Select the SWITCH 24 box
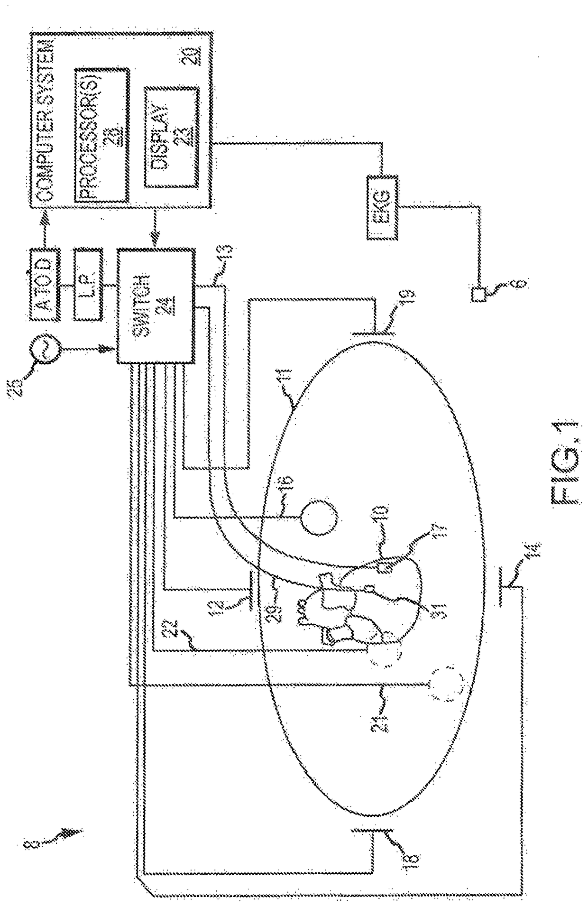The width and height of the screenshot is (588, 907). point(156,305)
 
